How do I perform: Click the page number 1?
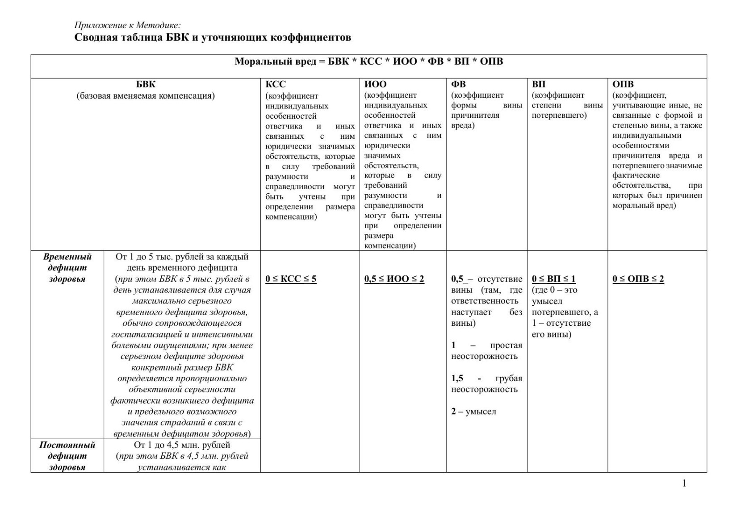tap(684, 483)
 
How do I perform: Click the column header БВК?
tap(146, 84)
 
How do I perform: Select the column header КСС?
tap(276, 84)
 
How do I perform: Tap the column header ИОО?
tap(375, 84)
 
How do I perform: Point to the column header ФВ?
tap(458, 84)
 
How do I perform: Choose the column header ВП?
tap(538, 84)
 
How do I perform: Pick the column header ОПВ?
tap(623, 84)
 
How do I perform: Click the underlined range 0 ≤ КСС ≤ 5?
tap(291, 279)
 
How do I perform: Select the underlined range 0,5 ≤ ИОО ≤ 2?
tap(394, 279)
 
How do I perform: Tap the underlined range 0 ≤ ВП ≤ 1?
tap(553, 279)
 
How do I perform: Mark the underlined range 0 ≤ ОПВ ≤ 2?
tap(638, 279)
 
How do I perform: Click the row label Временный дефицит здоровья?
tap(67, 268)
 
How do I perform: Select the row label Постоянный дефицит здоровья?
tap(67, 456)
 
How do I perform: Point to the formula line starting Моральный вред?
tap(368, 62)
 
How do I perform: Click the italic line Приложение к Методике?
tap(127, 25)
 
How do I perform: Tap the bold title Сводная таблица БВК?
tap(213, 37)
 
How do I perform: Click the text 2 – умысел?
tap(473, 412)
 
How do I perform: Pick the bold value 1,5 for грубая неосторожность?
tap(457, 379)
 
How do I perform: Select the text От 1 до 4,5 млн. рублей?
tap(182, 445)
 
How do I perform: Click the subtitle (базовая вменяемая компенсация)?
tap(146, 96)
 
